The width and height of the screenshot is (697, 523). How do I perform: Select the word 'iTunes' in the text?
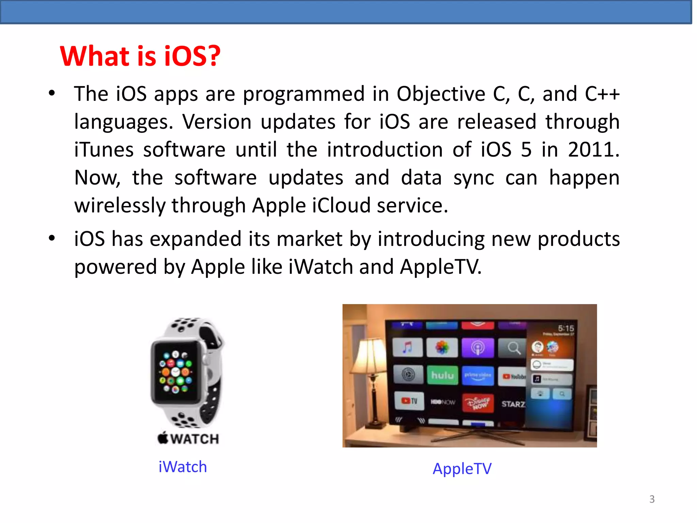[104, 149]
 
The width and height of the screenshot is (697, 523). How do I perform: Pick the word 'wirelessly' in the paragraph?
[120, 205]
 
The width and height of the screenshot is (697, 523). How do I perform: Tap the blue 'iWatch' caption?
[183, 467]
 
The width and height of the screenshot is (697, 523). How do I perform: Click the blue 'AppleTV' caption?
[462, 469]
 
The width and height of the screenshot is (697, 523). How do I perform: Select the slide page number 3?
[652, 499]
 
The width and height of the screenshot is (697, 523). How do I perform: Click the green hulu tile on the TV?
[442, 375]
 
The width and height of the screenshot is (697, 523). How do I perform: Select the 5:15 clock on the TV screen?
[566, 328]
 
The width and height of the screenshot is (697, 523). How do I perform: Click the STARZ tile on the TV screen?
[513, 404]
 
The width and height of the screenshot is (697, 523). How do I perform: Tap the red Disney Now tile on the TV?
[478, 402]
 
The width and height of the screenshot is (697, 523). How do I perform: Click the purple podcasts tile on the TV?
[477, 348]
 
